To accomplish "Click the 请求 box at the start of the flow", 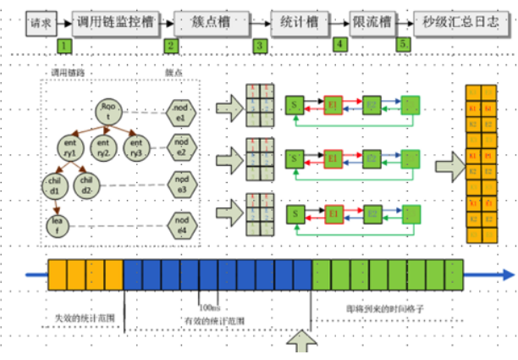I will tap(40, 22).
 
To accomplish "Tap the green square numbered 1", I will tap(65, 44).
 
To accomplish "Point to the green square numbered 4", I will tap(340, 43).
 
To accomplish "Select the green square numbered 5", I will tap(402, 43).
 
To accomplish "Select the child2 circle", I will tap(85, 184).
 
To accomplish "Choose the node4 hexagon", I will tap(179, 224).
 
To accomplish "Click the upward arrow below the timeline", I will tap(305, 344).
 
